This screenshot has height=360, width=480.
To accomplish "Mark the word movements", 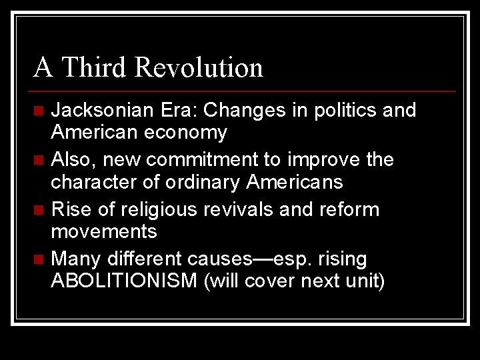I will pos(104,232).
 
